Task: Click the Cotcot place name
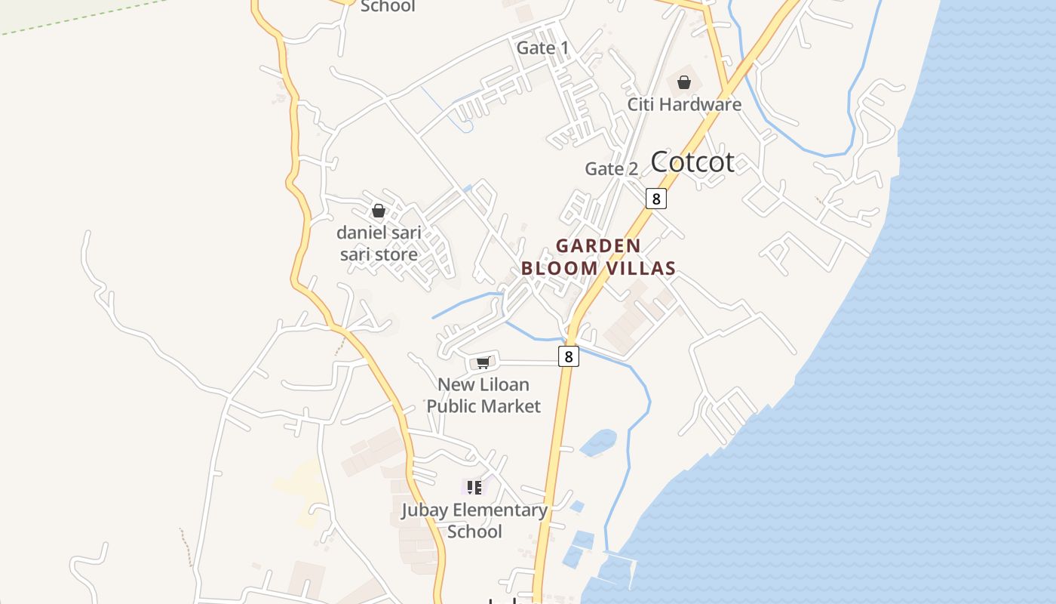pos(692,162)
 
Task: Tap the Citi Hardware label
pos(684,104)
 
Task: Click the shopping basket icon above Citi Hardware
pos(684,82)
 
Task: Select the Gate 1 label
pos(542,48)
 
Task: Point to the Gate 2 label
pos(611,169)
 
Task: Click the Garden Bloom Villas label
pos(598,257)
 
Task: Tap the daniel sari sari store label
pos(379,243)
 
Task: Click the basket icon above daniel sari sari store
pos(379,211)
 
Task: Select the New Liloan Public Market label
pos(483,395)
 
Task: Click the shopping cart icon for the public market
pos(483,363)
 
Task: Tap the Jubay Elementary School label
pos(474,520)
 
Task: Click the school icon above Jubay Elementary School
pos(474,488)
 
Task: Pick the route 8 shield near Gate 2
pos(656,199)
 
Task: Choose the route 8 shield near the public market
pos(569,356)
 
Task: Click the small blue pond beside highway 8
pos(598,442)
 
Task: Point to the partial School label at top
pos(388,7)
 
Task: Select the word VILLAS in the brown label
pos(639,268)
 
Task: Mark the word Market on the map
pos(513,406)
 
